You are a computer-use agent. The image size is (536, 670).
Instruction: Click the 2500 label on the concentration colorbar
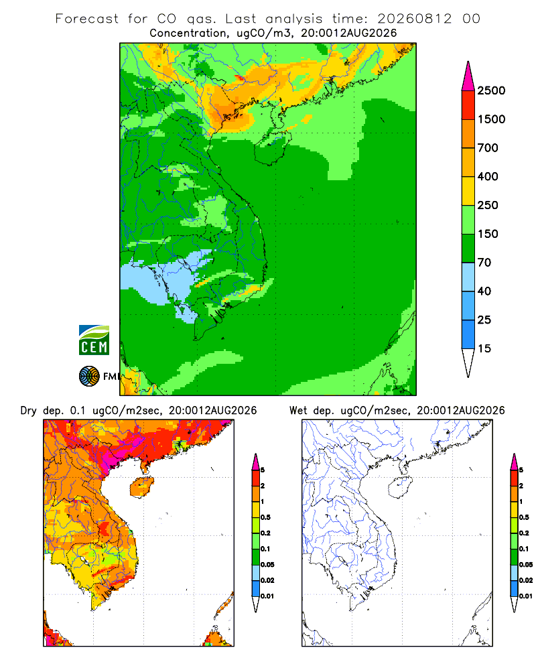click(x=491, y=90)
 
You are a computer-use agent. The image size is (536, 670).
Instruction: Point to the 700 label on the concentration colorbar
click(x=488, y=148)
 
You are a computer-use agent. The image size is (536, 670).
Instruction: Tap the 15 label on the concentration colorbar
click(x=484, y=348)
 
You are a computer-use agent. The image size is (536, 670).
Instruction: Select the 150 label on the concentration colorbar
click(x=488, y=234)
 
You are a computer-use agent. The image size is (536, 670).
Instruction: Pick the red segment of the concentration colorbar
click(x=468, y=105)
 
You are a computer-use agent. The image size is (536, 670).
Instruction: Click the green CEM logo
click(x=94, y=340)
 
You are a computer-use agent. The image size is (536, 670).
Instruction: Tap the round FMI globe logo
click(x=89, y=377)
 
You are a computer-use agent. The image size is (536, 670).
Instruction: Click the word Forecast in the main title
click(x=87, y=19)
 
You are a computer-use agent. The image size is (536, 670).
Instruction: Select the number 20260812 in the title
click(x=414, y=19)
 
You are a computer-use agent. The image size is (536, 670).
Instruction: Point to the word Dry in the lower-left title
click(x=29, y=411)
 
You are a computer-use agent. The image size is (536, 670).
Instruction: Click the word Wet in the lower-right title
click(x=298, y=411)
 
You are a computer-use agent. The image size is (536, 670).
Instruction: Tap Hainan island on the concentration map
click(x=272, y=147)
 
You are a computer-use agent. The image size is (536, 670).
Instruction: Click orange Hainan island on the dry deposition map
click(x=141, y=487)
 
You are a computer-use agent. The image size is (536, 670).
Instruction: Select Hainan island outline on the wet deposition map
click(x=400, y=488)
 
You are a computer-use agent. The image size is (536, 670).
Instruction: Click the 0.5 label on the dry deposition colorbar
click(x=265, y=517)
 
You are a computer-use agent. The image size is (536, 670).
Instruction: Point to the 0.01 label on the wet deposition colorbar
click(x=526, y=596)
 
